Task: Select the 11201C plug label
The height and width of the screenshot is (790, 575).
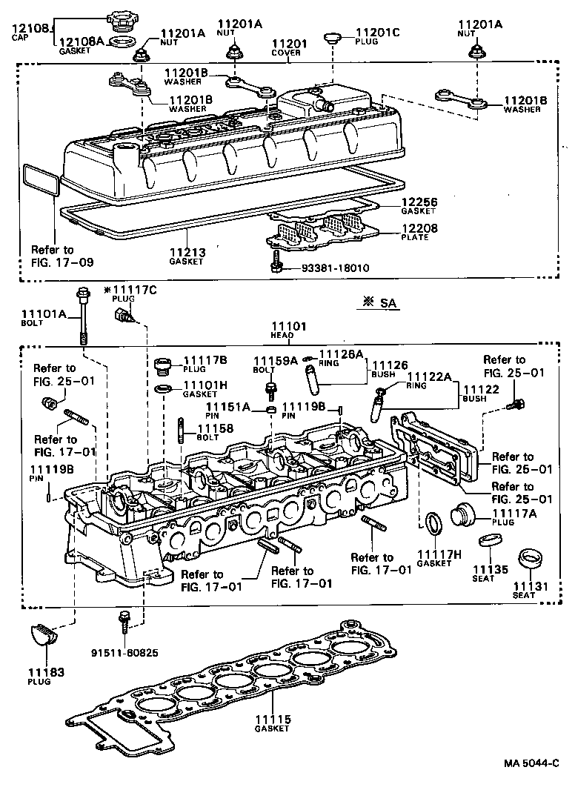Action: coord(378,32)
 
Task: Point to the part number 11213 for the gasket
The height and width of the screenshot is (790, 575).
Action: coord(188,253)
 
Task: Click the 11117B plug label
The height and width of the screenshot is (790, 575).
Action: coord(205,359)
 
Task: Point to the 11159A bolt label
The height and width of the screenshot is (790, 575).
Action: coord(274,360)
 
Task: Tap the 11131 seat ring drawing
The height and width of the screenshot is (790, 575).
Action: coord(529,557)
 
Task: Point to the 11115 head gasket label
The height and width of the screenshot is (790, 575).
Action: coord(273,719)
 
